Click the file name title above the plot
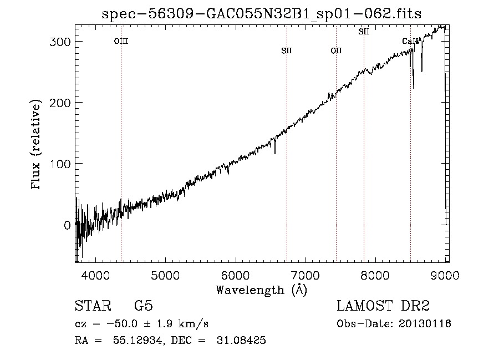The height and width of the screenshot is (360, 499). (x=262, y=14)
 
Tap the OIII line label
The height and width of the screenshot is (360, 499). (x=121, y=41)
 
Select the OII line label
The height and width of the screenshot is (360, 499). (x=336, y=51)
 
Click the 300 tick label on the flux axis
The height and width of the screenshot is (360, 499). (x=57, y=42)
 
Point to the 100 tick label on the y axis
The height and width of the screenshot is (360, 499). (x=57, y=164)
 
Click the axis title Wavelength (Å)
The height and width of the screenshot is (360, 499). (x=261, y=290)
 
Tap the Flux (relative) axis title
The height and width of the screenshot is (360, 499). (x=37, y=145)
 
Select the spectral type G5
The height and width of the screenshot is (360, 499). (x=143, y=306)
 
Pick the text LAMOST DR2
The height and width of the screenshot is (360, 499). (x=383, y=306)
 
